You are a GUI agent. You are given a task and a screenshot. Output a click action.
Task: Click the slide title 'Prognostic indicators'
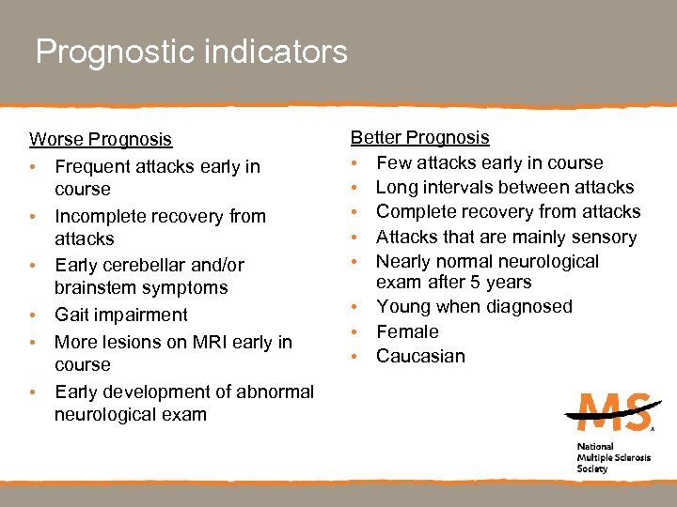[191, 52]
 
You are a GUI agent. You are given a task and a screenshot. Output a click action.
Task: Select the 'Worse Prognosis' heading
[101, 140]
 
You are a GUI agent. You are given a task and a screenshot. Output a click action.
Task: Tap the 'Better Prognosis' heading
[420, 138]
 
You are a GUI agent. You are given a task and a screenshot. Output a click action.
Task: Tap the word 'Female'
[407, 331]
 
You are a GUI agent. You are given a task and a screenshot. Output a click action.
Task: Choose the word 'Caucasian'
[420, 356]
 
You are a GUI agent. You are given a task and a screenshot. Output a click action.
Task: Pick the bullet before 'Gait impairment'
[34, 315]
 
